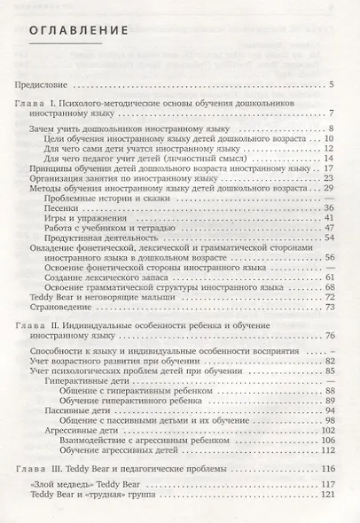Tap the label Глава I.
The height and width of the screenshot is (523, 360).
click(x=35, y=104)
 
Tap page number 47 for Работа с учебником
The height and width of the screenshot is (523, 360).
click(x=328, y=228)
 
